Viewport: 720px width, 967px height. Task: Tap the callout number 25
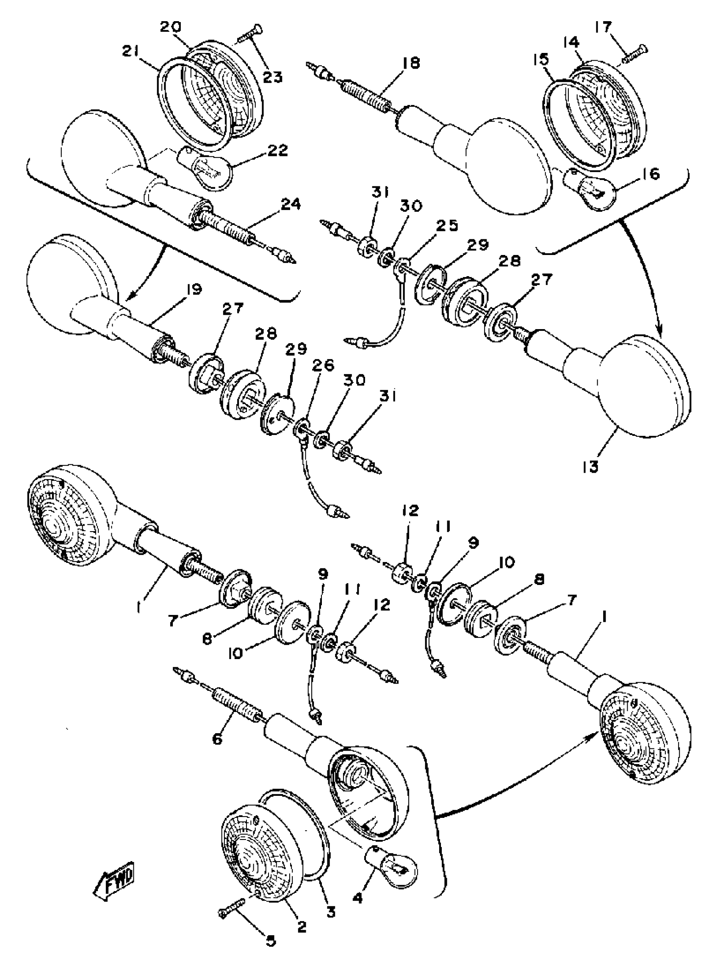coord(448,226)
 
